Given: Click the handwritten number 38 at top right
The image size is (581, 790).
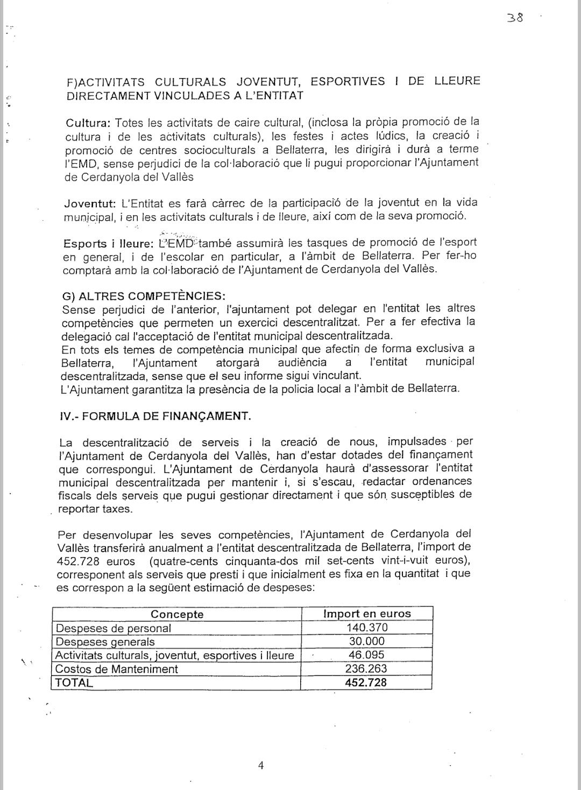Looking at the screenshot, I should coord(514,17).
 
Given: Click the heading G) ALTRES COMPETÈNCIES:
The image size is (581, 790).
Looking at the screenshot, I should coord(144,296).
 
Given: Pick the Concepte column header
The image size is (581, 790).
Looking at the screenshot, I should coord(177,614).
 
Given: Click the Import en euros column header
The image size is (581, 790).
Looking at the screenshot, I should coord(366,613).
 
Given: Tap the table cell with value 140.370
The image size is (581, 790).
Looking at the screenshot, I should coord(366,627).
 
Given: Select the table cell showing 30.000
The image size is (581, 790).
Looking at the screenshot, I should coord(366,641).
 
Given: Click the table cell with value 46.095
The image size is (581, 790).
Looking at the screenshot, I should coord(366,655).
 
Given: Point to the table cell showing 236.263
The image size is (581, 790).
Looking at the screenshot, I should coord(366,669).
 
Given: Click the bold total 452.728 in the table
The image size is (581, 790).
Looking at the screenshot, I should coord(366,683).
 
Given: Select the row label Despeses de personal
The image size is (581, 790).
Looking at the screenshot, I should coord(114,628).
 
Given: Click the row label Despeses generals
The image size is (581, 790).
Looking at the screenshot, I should coord(105,642).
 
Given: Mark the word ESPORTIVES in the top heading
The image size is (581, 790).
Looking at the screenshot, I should coord(348,82).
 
